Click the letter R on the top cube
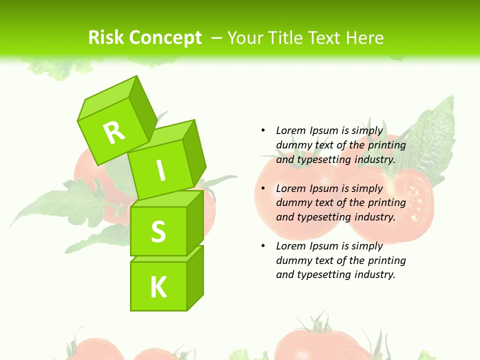point(114,132)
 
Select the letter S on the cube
point(158,231)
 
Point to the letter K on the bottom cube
point(158,287)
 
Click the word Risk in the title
point(106,37)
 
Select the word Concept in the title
point(165,38)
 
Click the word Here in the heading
point(364,37)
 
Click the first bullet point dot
point(263,130)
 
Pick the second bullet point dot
point(263,188)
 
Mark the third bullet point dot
point(263,246)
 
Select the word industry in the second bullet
point(374,217)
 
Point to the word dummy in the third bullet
point(293,260)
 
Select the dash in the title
point(217,37)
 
